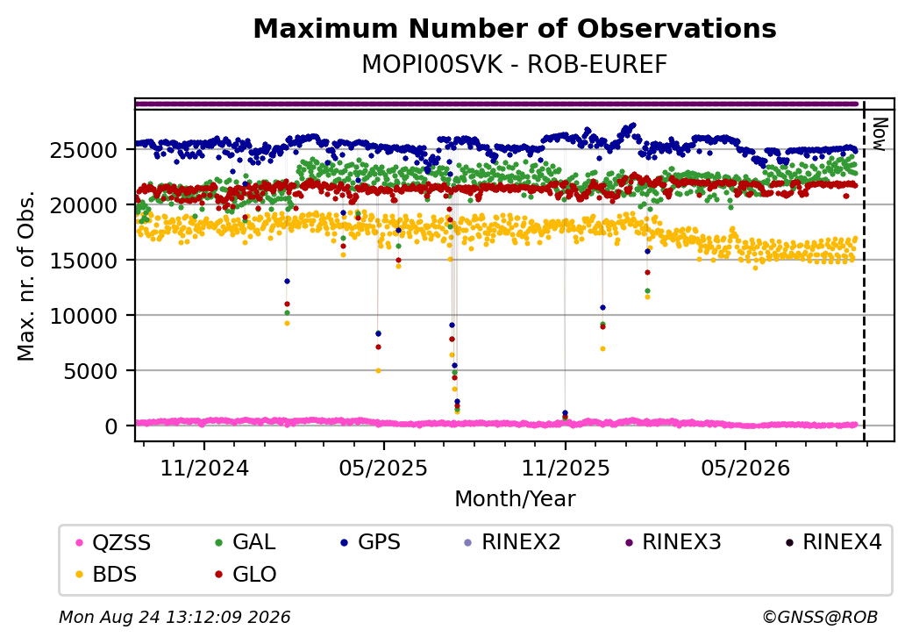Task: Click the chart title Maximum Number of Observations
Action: (x=515, y=28)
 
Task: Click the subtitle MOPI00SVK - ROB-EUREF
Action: (x=515, y=65)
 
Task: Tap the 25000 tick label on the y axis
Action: (x=84, y=151)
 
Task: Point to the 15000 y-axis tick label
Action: (x=84, y=261)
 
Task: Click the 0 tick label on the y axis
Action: (x=111, y=426)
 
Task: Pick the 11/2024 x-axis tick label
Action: (x=204, y=469)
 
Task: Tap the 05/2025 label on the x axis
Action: (x=383, y=469)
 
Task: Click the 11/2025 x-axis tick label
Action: (x=566, y=469)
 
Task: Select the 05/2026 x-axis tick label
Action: (x=745, y=469)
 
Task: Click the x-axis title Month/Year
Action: (x=515, y=499)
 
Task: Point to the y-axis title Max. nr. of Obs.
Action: (x=26, y=275)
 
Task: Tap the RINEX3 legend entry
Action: (x=673, y=543)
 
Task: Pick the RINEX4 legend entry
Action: (x=833, y=543)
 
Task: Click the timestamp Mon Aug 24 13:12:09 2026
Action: (x=175, y=617)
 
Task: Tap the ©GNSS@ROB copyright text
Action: (x=820, y=617)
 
